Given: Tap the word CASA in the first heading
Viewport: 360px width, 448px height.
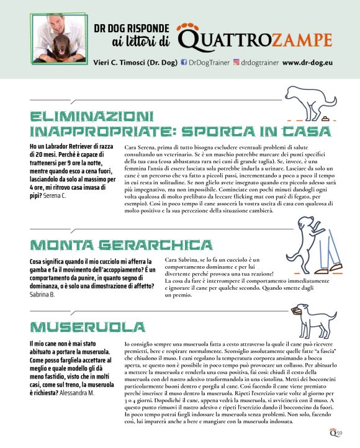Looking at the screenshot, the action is pyautogui.click(x=300, y=132).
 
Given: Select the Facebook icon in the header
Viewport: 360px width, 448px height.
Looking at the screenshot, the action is pyautogui.click(x=184, y=63).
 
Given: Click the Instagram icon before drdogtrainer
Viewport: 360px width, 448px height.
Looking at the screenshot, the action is pyautogui.click(x=236, y=63).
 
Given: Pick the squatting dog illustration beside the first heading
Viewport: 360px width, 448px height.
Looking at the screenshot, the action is pyautogui.click(x=308, y=102).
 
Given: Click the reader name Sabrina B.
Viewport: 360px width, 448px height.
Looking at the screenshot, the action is pyautogui.click(x=42, y=294).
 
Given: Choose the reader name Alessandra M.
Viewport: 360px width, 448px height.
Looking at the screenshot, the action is pyautogui.click(x=78, y=393).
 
